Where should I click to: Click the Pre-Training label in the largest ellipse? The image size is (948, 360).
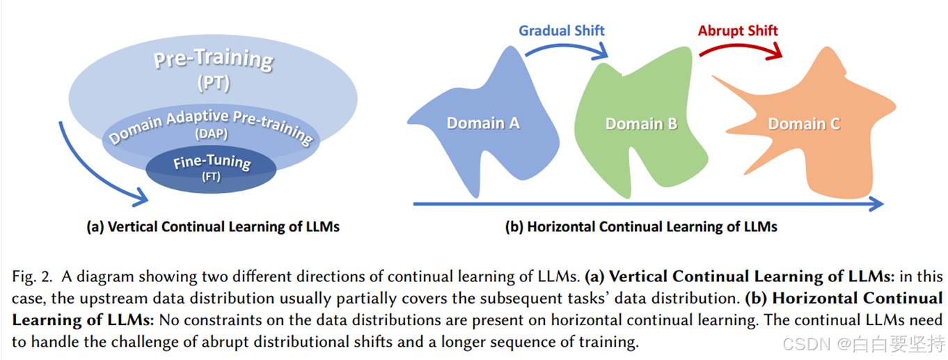213,61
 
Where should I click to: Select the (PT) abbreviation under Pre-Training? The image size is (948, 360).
213,85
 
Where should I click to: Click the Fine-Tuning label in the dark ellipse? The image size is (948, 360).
211,162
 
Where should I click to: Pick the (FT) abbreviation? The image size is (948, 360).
211,177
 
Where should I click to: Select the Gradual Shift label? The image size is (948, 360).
561,31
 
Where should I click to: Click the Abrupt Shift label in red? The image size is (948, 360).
738,31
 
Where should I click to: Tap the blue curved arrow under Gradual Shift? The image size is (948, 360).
564,46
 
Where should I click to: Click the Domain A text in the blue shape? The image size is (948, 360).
483,124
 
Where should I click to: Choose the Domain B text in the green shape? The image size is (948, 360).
641,125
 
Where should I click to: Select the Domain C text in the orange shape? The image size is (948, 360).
804,125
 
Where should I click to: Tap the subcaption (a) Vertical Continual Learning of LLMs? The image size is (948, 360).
213,227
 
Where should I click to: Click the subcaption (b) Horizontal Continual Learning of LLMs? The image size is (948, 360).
641,227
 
